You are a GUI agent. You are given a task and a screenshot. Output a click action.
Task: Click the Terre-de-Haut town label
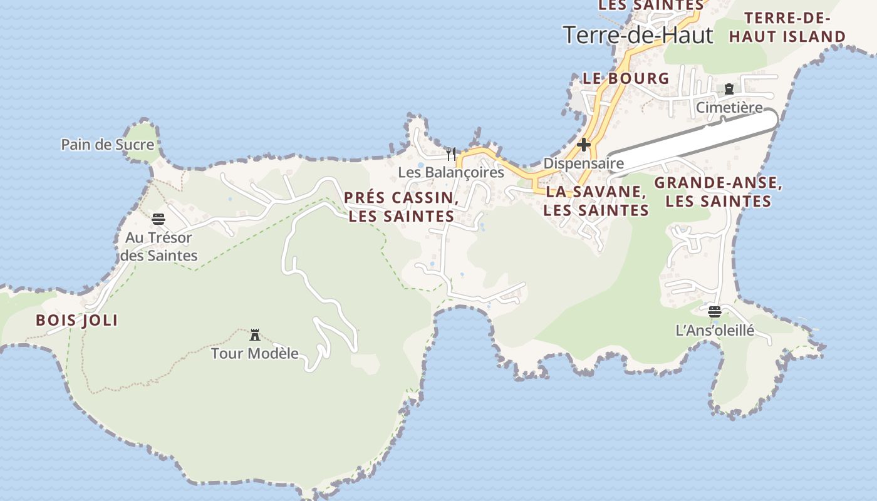[638, 35]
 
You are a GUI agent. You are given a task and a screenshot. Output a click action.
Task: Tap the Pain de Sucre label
[107, 145]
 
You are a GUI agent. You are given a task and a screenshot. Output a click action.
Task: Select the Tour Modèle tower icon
[255, 335]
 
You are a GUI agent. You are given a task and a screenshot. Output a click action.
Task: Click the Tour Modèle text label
[254, 353]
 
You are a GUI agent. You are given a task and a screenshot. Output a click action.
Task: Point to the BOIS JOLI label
[76, 321]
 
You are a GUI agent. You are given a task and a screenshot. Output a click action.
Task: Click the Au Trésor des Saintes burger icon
[158, 219]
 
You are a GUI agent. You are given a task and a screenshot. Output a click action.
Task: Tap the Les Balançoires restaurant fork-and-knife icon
[451, 153]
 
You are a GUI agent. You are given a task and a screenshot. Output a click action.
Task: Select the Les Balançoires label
[451, 172]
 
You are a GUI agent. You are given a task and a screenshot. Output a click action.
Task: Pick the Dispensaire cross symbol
[584, 145]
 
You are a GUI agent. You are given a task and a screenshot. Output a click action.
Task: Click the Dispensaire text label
[583, 163]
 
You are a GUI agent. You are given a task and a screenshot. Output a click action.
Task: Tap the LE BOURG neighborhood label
[626, 78]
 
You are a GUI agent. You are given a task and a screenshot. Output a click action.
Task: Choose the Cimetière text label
[729, 108]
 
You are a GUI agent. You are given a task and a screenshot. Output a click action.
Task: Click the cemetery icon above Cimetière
[729, 89]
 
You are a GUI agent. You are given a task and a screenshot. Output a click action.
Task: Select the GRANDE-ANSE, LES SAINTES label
[718, 192]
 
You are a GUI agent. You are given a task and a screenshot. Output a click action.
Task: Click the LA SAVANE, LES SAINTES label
[596, 201]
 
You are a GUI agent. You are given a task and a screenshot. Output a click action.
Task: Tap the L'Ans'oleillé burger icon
[715, 311]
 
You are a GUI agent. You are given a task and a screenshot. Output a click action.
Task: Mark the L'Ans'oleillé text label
[715, 330]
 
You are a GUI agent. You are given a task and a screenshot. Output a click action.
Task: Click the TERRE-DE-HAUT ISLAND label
[787, 27]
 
